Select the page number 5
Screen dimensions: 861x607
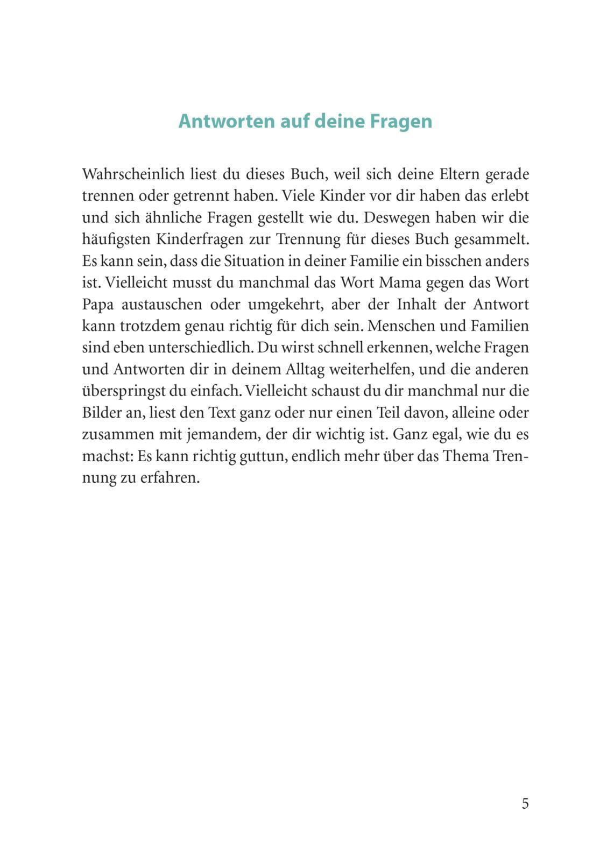525,803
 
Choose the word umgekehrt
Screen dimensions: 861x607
285,305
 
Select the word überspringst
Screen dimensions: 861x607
123,391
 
